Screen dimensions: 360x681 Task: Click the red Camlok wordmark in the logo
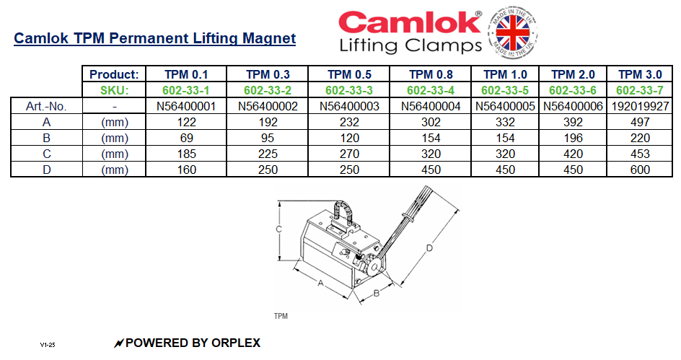409,22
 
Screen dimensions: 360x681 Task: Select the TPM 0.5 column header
349,74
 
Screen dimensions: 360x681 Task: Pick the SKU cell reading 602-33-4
430,90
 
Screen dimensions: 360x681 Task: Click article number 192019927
639,106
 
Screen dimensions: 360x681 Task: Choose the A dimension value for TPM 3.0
639,122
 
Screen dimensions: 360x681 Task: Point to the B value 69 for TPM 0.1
186,138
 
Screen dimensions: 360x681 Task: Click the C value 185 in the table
186,154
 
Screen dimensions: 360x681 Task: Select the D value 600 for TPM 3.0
639,170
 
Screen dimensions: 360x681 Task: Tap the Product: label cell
113,74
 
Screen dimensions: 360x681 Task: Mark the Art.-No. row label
46,106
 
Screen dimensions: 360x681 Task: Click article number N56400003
349,106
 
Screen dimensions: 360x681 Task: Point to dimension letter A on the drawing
320,284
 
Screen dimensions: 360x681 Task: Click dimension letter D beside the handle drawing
429,248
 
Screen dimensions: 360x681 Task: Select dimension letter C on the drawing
278,229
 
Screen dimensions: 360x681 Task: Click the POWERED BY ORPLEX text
192,343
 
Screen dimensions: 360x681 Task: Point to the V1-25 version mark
48,345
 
